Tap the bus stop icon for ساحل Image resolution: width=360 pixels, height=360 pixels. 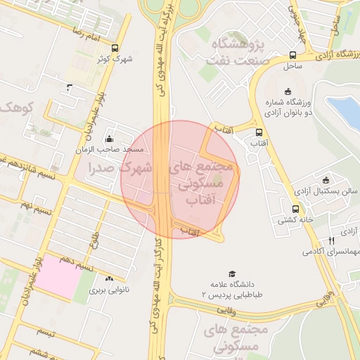click(292, 56)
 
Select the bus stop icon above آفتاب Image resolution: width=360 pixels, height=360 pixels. click(260, 131)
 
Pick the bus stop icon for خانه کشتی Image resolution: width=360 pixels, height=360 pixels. click(295, 209)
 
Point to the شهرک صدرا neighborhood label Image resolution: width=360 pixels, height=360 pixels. click(120, 168)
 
